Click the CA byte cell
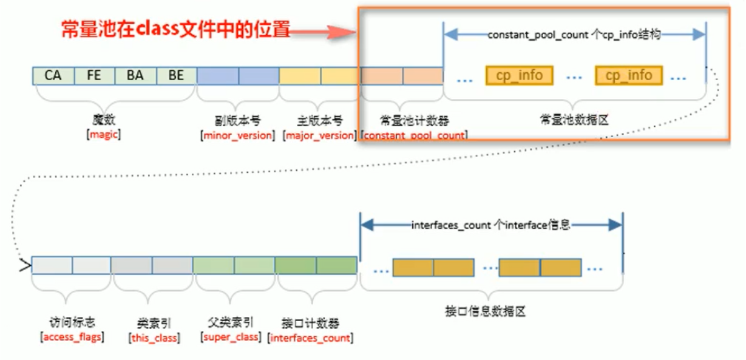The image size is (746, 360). click(x=53, y=76)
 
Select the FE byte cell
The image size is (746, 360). click(x=94, y=76)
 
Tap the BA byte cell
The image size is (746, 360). click(x=135, y=76)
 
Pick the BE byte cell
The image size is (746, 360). click(x=176, y=76)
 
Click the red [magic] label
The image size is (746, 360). click(x=104, y=135)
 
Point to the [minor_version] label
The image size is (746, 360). click(x=237, y=135)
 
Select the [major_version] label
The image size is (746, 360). click(x=319, y=135)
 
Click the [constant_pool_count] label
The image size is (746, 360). click(x=414, y=135)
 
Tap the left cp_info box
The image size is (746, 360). click(x=519, y=76)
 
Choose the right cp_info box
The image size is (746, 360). click(x=629, y=76)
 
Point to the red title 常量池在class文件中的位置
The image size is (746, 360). click(x=175, y=29)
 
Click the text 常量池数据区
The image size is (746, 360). click(x=574, y=120)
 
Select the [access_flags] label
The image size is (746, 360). click(x=72, y=338)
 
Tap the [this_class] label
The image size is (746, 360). click(x=154, y=338)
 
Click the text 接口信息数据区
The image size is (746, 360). click(x=492, y=312)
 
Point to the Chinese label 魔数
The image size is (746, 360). click(x=104, y=120)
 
